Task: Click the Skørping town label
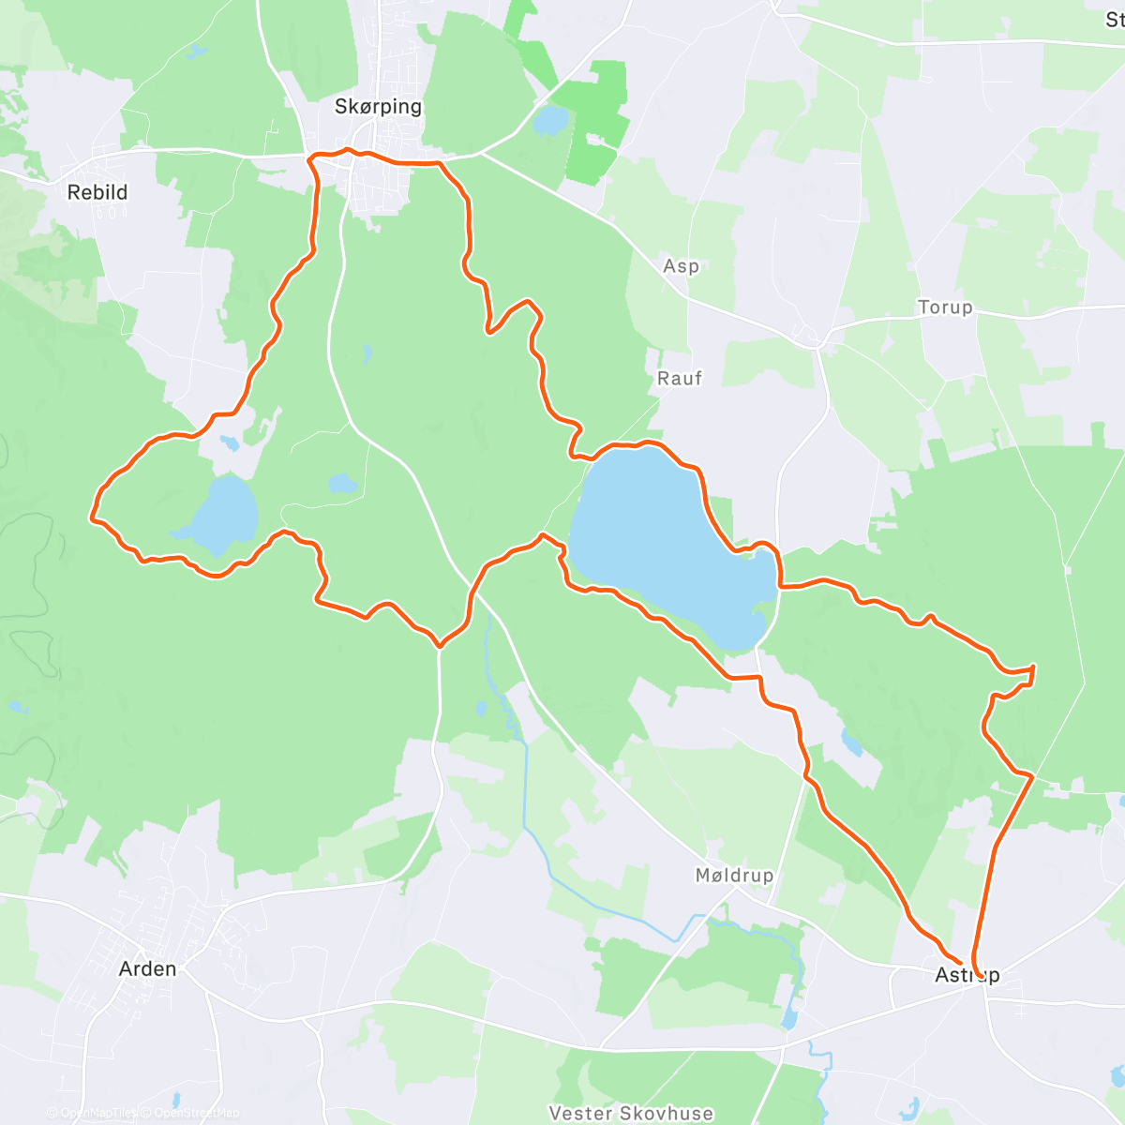[x=378, y=107]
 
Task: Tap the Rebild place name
[x=97, y=192]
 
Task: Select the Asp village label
[x=682, y=266]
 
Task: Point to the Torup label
[x=945, y=307]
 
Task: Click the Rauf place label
[x=680, y=379]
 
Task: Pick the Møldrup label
[x=734, y=876]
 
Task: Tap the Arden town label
[x=148, y=968]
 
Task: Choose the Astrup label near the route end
[x=967, y=975]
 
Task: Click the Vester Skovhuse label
[x=631, y=1114]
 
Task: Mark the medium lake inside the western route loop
[x=223, y=514]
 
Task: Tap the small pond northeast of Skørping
[x=550, y=120]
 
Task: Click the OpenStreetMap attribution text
[x=196, y=1114]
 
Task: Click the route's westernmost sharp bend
[x=92, y=516]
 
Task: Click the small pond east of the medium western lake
[x=342, y=485]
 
